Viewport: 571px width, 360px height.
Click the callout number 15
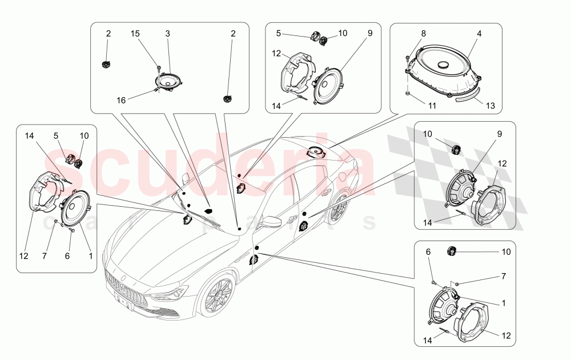(135, 34)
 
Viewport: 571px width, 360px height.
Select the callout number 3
(167, 34)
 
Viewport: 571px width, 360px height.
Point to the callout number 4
(479, 34)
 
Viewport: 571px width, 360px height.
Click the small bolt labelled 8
(406, 58)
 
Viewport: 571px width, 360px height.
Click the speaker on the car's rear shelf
(316, 153)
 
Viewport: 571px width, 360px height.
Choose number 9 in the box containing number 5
(369, 34)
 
